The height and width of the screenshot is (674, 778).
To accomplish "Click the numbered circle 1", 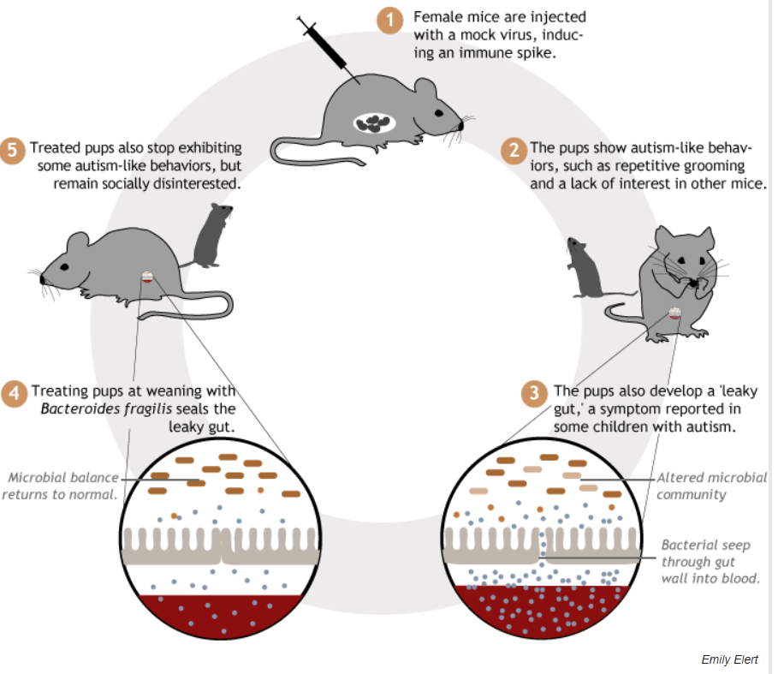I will pos(389,20).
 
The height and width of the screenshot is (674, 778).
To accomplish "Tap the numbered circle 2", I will pos(512,151).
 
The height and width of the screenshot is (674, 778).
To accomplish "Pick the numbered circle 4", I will pos(14,394).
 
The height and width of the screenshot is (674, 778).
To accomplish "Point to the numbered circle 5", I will pos(14,151).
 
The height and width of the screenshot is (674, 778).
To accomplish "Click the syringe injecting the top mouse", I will pos(323,43).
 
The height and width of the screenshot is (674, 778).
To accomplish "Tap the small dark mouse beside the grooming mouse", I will pos(583,267).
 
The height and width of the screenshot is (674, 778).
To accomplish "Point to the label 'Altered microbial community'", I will pos(711,486).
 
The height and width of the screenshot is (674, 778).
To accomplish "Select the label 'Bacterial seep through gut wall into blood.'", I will pos(710,561).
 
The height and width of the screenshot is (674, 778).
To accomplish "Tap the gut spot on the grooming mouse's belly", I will pos(675,314).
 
